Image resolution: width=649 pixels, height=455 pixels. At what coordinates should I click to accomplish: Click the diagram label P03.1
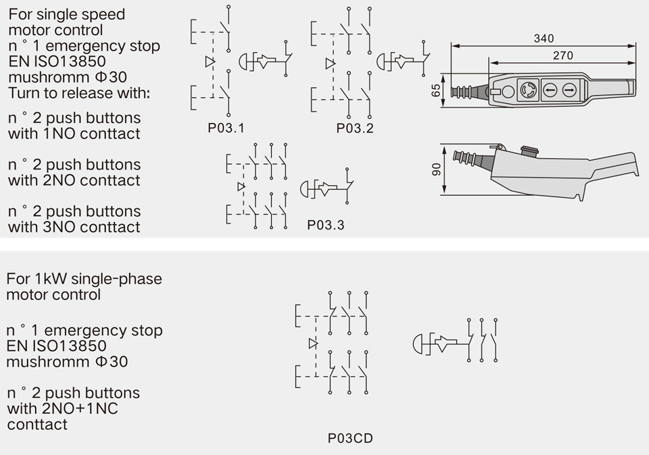pos(226,128)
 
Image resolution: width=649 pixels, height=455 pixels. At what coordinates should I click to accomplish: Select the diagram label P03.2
pos(355,128)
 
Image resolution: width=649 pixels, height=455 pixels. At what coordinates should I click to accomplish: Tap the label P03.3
pos(325,225)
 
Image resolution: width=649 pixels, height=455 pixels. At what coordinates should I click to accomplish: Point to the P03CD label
pos(350,438)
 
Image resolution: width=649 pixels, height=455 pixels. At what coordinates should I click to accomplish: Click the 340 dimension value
pos(544,38)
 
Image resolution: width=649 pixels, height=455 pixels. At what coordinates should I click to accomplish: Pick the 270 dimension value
pos(562,55)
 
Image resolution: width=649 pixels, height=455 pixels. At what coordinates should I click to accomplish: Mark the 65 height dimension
pos(436,90)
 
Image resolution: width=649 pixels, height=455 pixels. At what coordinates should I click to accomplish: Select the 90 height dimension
pos(436,169)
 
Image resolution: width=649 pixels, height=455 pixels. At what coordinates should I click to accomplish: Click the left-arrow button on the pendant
pos(550,89)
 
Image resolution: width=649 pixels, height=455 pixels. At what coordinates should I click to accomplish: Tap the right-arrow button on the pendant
pos(569,89)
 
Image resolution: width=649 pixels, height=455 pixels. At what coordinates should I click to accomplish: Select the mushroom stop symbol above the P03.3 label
pos(308,189)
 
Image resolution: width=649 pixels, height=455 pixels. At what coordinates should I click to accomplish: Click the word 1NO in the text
pos(59,134)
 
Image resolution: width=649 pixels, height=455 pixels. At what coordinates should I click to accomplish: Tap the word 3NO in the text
pos(59,227)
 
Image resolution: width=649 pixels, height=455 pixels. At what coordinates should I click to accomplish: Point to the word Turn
pos(24,92)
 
